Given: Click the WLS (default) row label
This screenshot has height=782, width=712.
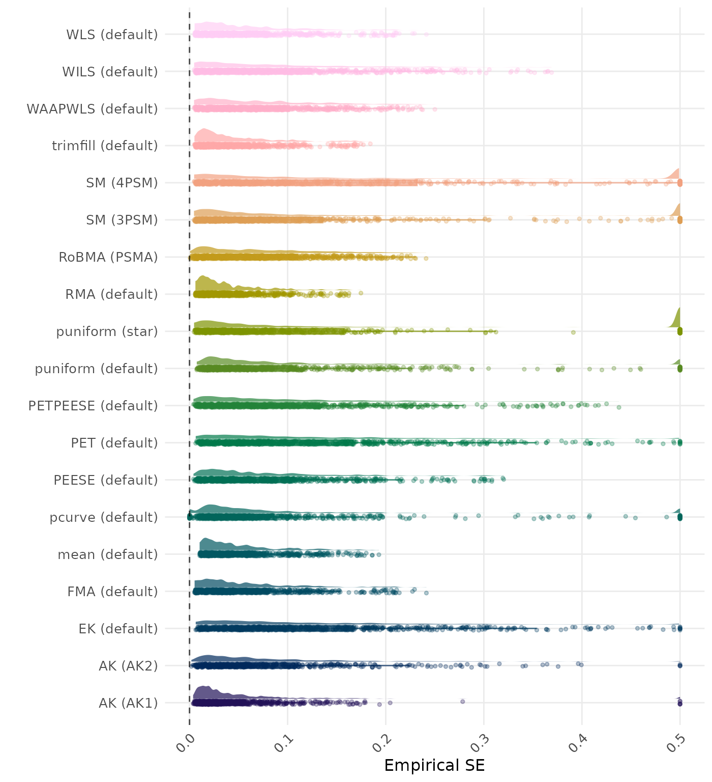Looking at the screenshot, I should [112, 35].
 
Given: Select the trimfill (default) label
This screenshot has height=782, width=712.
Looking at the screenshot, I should [105, 146].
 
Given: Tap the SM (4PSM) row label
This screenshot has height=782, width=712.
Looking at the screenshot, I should [122, 183].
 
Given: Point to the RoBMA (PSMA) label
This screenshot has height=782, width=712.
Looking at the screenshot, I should [108, 257].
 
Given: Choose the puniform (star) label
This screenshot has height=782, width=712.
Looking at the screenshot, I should [107, 331].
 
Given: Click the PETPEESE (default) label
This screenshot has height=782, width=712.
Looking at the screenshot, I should [93, 406].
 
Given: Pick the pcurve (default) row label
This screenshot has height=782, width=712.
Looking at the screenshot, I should [104, 517].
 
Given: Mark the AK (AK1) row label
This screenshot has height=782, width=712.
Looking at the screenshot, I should [128, 703].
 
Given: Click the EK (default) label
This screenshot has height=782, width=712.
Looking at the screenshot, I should [118, 629].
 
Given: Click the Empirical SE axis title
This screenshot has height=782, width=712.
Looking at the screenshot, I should [434, 765].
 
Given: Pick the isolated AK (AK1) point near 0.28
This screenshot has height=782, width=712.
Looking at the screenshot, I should [462, 701].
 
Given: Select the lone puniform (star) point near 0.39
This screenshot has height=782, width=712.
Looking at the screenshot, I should [573, 332].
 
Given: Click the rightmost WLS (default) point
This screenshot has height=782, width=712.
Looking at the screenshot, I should [426, 34].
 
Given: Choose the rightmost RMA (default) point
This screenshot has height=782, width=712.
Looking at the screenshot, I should [361, 293].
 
